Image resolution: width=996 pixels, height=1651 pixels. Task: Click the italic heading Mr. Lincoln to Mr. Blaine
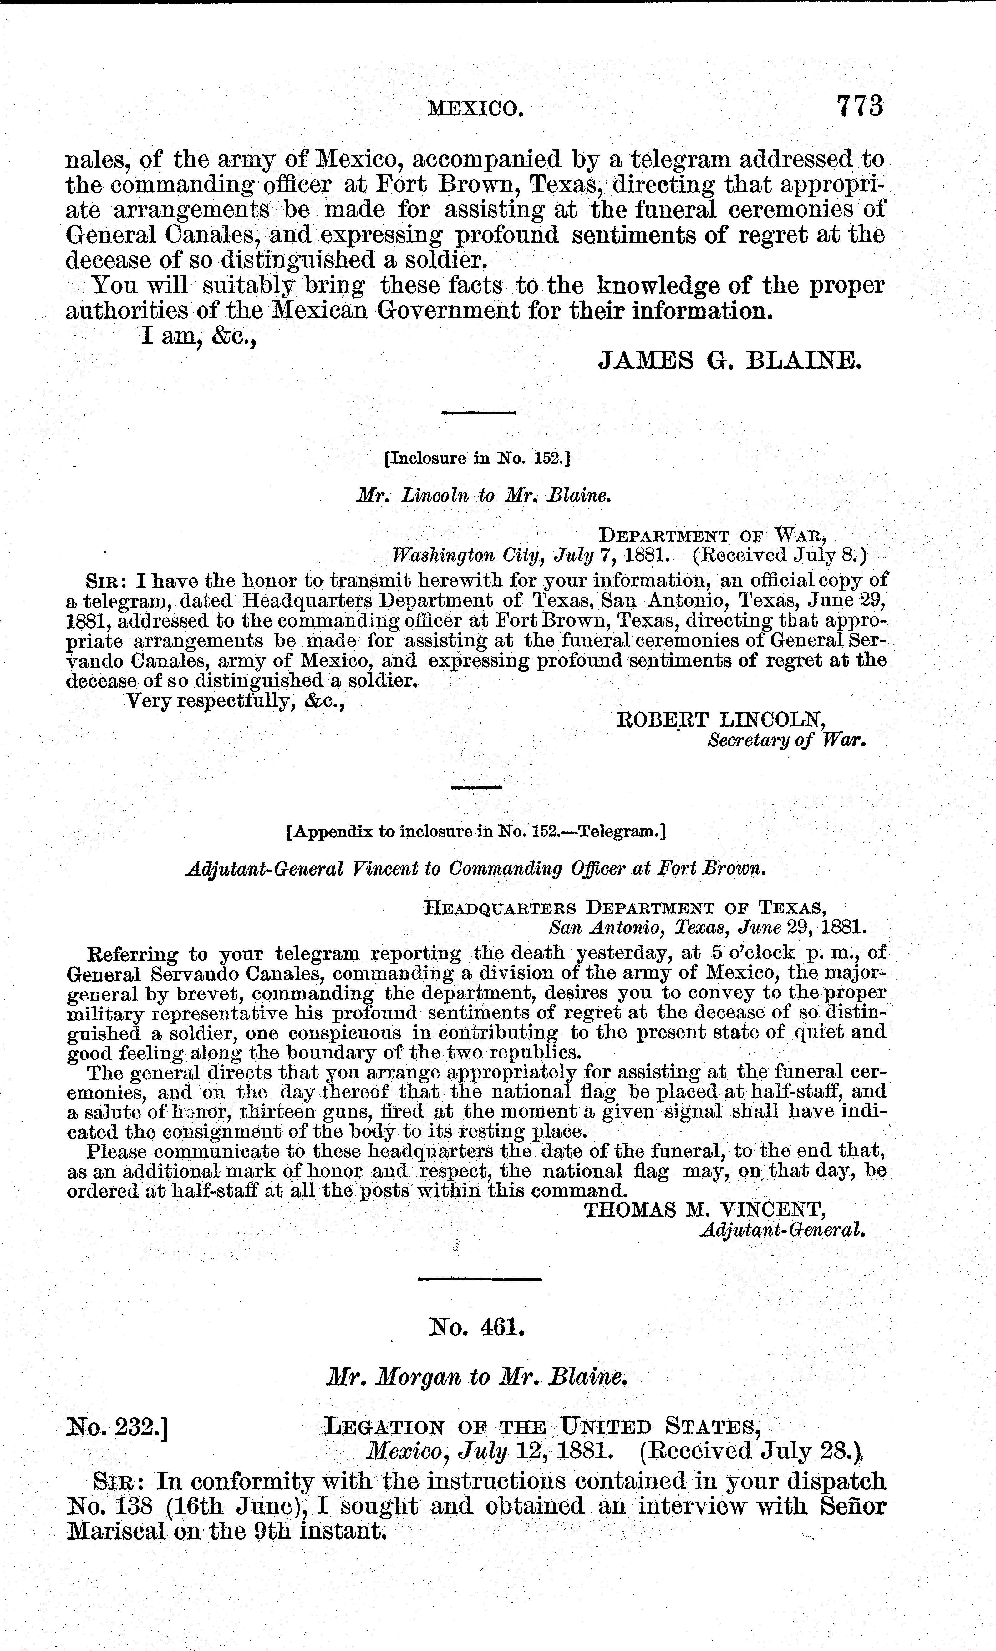484,496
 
